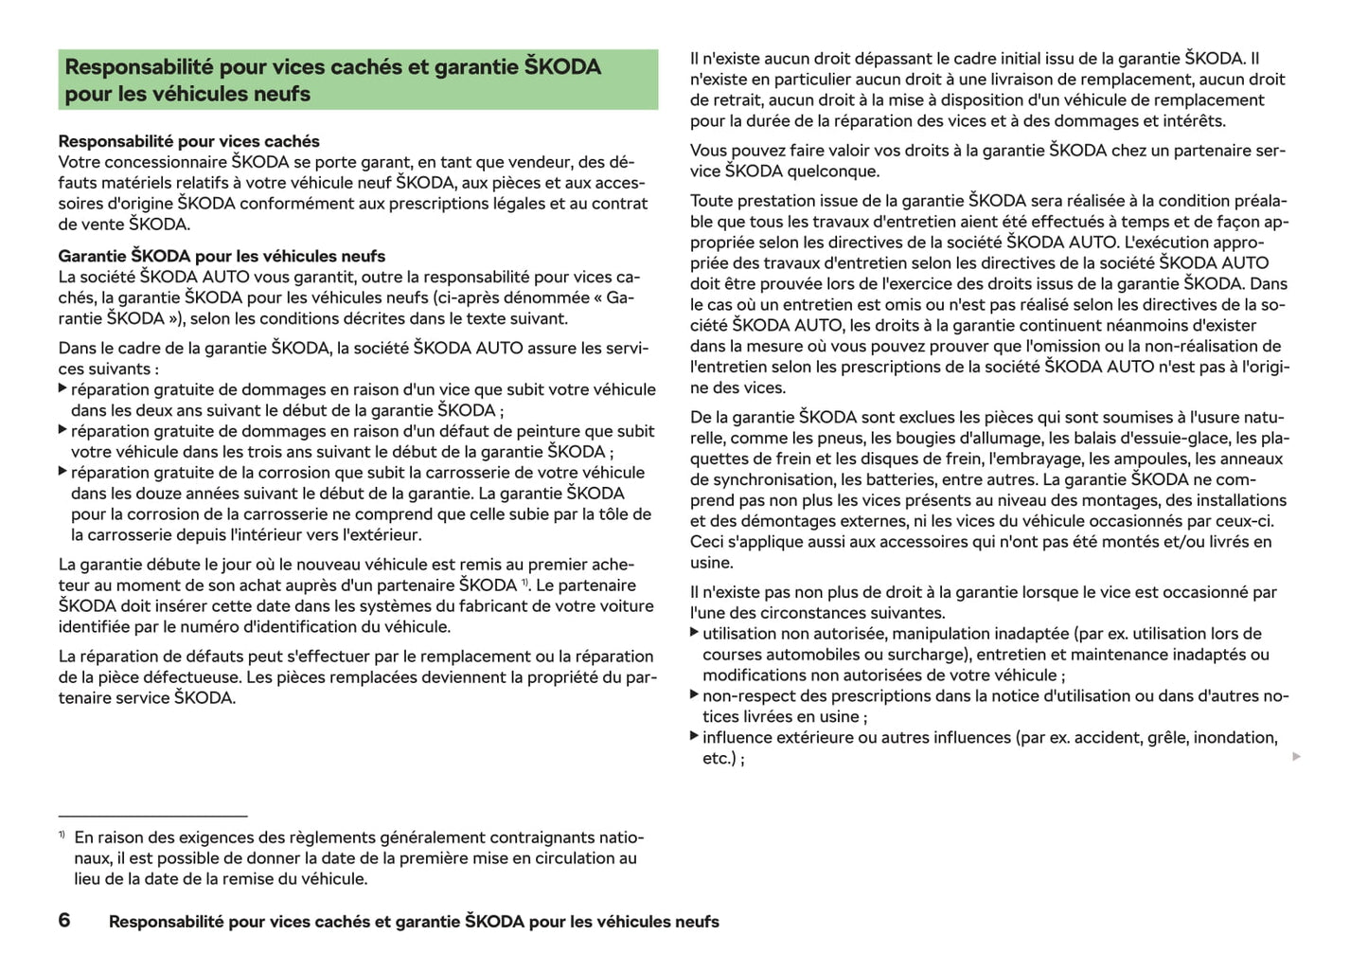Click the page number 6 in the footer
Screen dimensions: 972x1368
point(64,920)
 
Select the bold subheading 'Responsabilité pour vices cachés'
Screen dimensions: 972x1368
point(188,141)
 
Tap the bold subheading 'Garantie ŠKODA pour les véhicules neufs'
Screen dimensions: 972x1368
point(222,256)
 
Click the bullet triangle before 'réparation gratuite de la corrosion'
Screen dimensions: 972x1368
point(62,472)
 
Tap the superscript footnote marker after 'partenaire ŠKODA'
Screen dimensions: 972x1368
point(524,582)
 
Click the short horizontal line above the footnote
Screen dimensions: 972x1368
point(152,815)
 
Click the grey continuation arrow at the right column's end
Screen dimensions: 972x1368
point(1296,756)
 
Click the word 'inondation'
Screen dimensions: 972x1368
point(1235,737)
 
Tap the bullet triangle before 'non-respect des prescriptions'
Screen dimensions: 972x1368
point(695,695)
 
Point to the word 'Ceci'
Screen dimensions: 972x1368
point(707,542)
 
